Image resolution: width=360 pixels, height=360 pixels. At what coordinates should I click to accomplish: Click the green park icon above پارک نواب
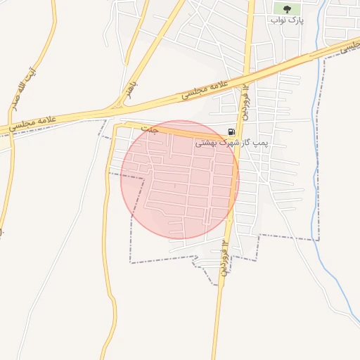286,8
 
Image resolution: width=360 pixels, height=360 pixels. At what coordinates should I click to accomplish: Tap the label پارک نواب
287,20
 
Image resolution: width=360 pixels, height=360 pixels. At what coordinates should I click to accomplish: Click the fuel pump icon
231,131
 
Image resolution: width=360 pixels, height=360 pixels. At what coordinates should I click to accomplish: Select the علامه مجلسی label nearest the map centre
205,89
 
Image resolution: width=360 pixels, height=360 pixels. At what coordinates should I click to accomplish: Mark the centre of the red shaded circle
180,179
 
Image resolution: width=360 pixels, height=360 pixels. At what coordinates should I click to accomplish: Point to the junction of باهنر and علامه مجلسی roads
112,110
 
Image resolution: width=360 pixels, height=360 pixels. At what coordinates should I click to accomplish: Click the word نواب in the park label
278,20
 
